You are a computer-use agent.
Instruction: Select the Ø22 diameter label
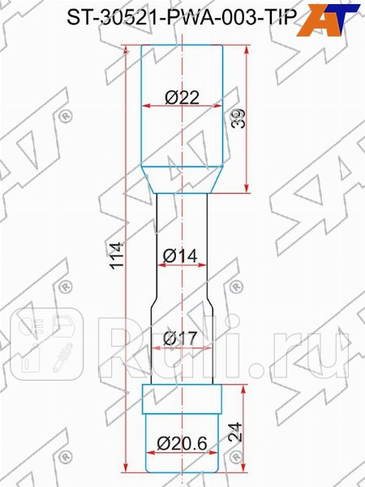coord(182,96)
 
